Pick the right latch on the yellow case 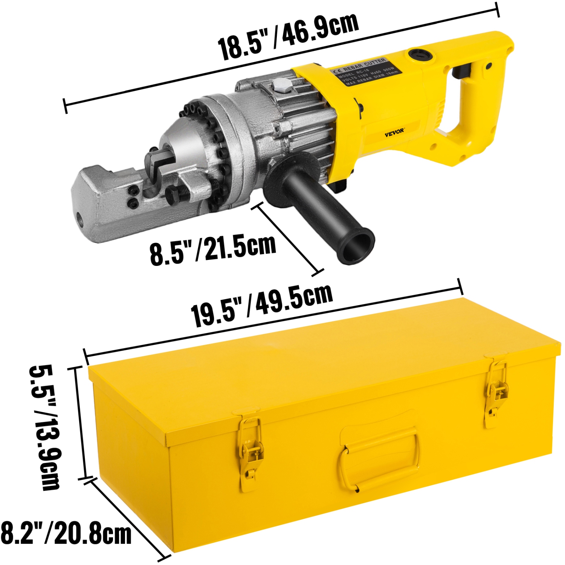[496, 392]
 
